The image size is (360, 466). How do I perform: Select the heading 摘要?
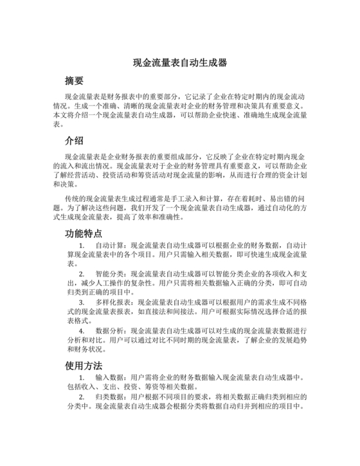75,82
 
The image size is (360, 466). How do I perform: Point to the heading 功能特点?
84,233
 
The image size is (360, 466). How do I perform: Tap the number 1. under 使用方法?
82,377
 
